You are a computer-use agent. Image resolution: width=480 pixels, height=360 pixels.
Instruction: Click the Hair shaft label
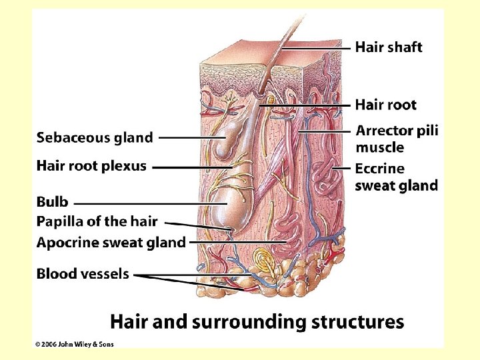pos(388,47)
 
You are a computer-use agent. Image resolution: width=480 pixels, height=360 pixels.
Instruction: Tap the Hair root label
pos(385,105)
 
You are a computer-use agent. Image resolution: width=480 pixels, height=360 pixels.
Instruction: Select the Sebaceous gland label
pos(94,138)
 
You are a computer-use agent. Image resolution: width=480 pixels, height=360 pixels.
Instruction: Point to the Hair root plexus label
pos(91,166)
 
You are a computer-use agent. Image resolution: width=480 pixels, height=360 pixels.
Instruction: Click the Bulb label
pos(52,202)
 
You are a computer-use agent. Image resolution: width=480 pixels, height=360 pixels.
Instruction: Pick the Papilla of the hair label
pos(97,221)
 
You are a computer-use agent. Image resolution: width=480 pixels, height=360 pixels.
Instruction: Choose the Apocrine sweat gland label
pos(111,243)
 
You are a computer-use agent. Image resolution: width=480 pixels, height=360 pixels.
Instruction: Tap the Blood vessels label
pos(83,274)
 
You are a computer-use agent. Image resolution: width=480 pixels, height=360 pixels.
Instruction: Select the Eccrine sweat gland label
pos(396,177)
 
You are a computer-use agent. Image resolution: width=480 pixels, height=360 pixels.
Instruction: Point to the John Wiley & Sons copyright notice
pos(75,343)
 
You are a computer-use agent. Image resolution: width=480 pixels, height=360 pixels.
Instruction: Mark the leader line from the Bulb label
pos(140,203)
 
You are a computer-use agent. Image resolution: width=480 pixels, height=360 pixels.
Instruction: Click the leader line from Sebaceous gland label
pos(190,138)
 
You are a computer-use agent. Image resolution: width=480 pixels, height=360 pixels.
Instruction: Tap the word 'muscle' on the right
pos(379,147)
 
